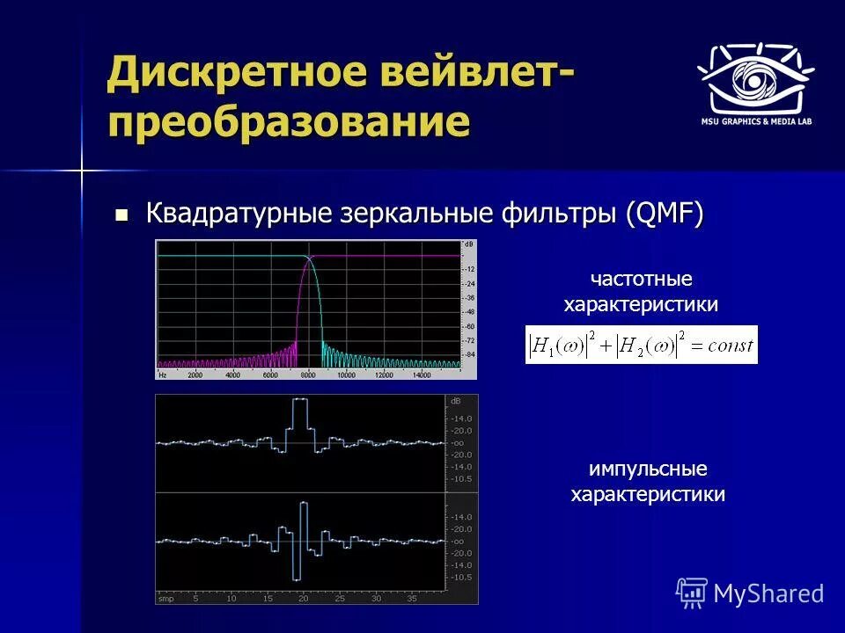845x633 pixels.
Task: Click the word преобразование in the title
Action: pos(288,120)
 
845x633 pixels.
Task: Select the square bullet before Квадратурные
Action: pos(122,214)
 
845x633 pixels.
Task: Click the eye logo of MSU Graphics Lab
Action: pos(755,76)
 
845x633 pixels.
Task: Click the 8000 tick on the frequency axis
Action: pos(308,375)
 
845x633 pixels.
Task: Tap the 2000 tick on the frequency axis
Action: pos(195,375)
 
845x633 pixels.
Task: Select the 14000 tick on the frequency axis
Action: pos(422,375)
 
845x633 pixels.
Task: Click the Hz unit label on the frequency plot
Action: pos(163,375)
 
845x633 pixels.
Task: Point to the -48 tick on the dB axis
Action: pos(470,311)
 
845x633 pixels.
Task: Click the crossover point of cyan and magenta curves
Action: pos(308,258)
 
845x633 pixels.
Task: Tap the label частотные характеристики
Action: pos(641,292)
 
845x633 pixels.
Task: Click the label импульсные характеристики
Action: pos(648,482)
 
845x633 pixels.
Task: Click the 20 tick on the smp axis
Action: pos(303,598)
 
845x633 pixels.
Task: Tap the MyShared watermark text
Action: pos(768,593)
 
